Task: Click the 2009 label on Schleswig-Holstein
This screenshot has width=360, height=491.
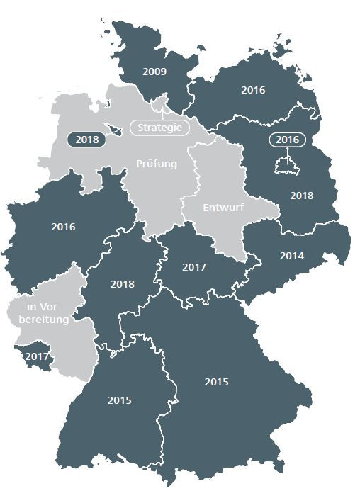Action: click(x=154, y=72)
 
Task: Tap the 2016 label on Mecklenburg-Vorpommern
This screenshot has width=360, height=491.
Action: click(x=253, y=90)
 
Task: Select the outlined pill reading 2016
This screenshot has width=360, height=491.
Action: click(x=288, y=140)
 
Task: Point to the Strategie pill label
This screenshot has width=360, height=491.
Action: click(x=160, y=128)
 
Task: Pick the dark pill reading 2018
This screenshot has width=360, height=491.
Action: click(x=86, y=140)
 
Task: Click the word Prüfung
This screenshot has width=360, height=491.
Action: click(x=157, y=164)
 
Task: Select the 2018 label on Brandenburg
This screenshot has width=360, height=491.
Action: click(x=302, y=196)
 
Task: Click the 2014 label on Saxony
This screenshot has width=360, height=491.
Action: click(x=292, y=256)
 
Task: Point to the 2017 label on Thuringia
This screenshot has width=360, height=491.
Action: click(x=194, y=268)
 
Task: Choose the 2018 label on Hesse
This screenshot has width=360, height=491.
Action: click(x=123, y=284)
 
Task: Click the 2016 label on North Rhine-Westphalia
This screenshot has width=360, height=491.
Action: click(x=63, y=227)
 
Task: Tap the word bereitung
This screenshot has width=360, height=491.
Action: click(x=44, y=320)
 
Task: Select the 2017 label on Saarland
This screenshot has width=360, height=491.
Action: click(x=37, y=356)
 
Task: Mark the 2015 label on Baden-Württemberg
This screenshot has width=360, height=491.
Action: click(x=120, y=400)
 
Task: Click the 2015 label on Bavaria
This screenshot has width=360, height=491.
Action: click(x=217, y=382)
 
